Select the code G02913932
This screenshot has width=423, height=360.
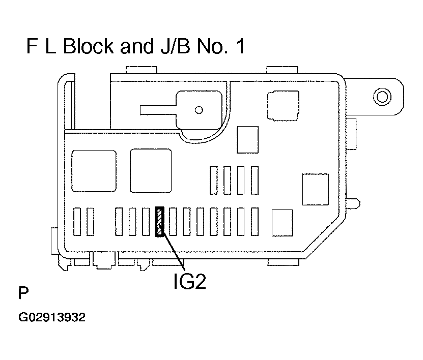52,319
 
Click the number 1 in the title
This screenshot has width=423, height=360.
240,47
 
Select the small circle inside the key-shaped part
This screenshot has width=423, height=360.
199,110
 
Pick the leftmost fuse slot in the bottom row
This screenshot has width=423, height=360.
77,222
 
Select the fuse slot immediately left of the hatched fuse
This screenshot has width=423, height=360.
146,222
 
